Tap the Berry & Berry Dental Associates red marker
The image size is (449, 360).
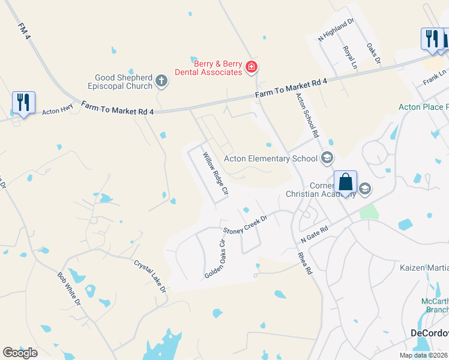pyautogui.click(x=252, y=67)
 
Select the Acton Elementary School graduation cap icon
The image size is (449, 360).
pyautogui.click(x=327, y=158)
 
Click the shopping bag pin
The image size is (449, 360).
pyautogui.click(x=346, y=182)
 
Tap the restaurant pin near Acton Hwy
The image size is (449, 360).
pyautogui.click(x=23, y=103)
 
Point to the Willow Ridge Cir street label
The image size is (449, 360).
pyautogui.click(x=215, y=174)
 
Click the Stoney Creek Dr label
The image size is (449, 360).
pyautogui.click(x=245, y=224)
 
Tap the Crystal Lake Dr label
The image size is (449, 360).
pyautogui.click(x=149, y=276)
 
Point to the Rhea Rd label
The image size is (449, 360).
pyautogui.click(x=305, y=263)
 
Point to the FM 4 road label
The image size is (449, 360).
pyautogui.click(x=24, y=32)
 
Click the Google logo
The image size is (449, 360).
pyautogui.click(x=20, y=352)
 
